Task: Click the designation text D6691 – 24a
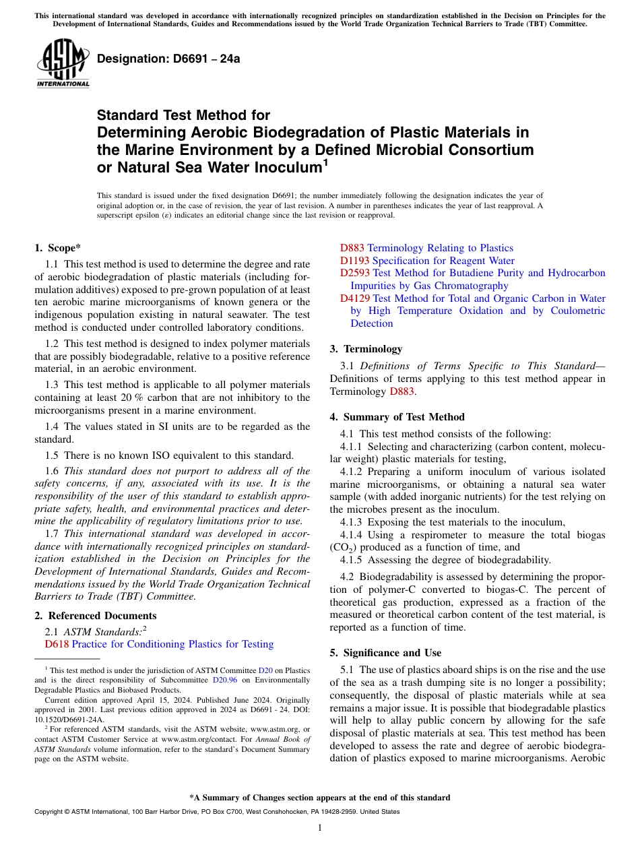point(168,59)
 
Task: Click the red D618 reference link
point(57,644)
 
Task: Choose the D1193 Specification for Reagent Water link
point(427,261)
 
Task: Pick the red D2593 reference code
point(354,273)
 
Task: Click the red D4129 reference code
point(354,298)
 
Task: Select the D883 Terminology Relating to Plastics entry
point(426,248)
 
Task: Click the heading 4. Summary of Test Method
point(397,417)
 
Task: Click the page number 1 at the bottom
point(319,827)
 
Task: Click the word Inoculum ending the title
point(276,167)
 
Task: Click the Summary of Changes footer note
point(319,798)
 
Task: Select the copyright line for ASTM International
point(216,812)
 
